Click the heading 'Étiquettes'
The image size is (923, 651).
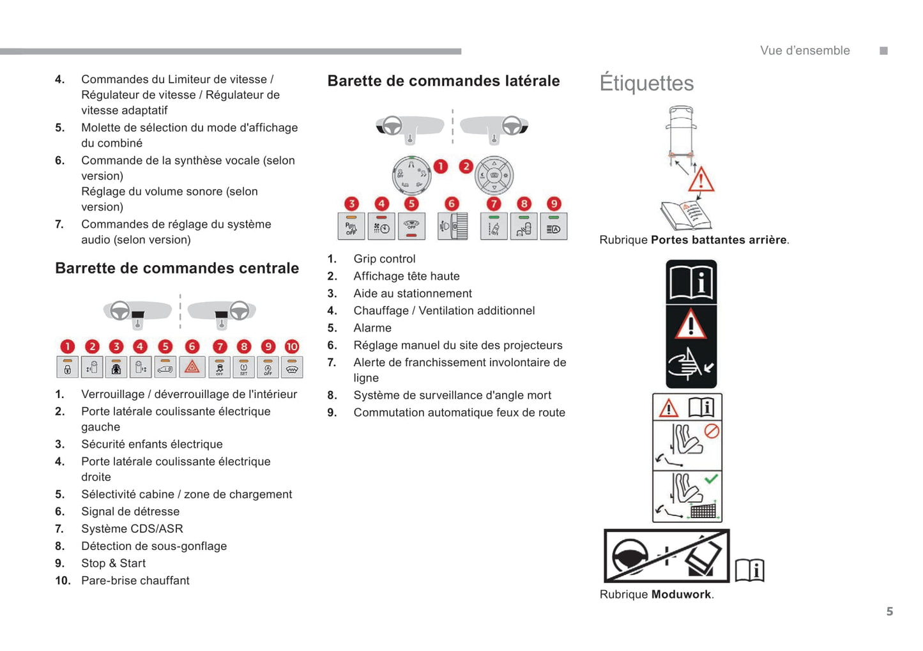646,84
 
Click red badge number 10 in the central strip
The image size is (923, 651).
292,346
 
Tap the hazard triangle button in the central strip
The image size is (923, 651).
192,367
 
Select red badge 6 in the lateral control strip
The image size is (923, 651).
452,204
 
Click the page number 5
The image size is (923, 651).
889,611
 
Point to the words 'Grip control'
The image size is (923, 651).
384,259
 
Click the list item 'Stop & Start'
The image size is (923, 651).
113,563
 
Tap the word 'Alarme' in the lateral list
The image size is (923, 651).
372,328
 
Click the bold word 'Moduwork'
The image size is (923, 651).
681,595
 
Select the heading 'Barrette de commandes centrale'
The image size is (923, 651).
177,268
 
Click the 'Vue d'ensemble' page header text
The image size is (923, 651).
805,51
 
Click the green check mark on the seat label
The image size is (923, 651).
711,479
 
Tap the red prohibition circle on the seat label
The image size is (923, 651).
712,431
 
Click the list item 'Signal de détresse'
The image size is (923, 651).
130,512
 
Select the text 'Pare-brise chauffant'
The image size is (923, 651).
135,581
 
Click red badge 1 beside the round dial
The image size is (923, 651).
441,167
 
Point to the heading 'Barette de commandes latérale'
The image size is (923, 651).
443,81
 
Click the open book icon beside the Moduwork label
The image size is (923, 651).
750,569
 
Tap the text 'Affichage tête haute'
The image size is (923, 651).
406,276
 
